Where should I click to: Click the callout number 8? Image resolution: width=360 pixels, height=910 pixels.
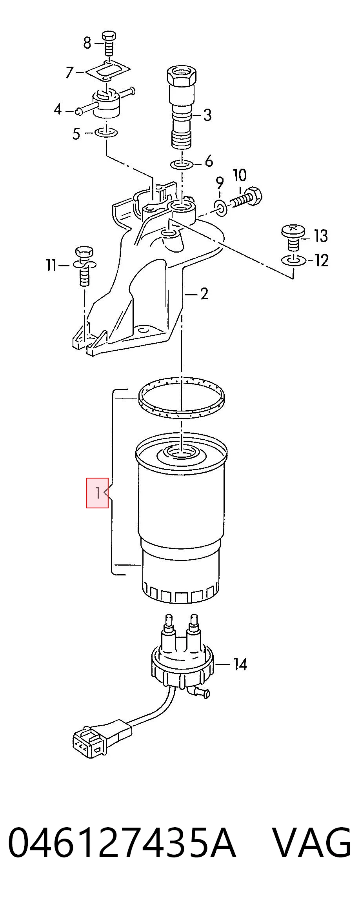[87, 42]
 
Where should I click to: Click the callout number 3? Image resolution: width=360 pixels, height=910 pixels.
[207, 115]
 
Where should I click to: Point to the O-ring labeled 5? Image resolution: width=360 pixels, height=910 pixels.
[106, 133]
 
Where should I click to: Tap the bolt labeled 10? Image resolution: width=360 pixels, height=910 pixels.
[246, 198]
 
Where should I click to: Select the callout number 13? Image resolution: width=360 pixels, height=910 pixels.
[321, 236]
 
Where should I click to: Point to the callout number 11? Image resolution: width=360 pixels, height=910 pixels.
[52, 266]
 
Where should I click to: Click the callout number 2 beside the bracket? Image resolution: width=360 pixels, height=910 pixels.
[204, 294]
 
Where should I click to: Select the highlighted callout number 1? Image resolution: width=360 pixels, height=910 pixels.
[97, 493]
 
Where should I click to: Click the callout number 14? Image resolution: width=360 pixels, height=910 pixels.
[240, 664]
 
